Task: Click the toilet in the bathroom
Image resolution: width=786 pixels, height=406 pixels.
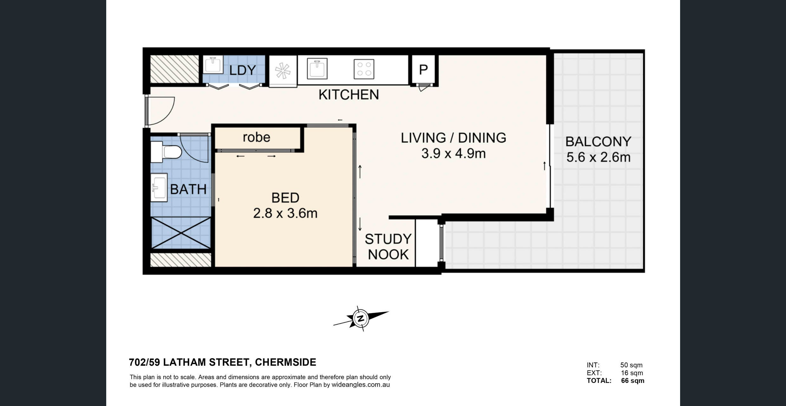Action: pyautogui.click(x=166, y=152)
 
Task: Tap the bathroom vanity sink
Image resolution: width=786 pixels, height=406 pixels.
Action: pyautogui.click(x=159, y=187)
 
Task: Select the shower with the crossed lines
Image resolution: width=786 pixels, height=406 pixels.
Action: pyautogui.click(x=181, y=233)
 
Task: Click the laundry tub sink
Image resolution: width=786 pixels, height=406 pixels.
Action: pyautogui.click(x=213, y=65)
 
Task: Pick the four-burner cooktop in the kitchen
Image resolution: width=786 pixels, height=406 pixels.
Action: pyautogui.click(x=364, y=69)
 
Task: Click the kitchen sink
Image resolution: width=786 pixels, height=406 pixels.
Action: pyautogui.click(x=317, y=69)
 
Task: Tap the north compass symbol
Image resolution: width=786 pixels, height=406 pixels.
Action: pyautogui.click(x=361, y=318)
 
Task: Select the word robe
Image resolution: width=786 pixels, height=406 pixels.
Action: pyautogui.click(x=257, y=137)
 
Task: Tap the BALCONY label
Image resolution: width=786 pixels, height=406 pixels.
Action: pyautogui.click(x=598, y=142)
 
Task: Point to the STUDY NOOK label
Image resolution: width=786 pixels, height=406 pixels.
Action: pyautogui.click(x=388, y=247)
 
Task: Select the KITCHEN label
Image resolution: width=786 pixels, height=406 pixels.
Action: pyautogui.click(x=349, y=95)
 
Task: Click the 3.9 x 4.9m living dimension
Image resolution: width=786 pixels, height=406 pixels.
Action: pyautogui.click(x=453, y=154)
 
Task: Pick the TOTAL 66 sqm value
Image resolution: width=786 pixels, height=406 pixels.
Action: pyautogui.click(x=633, y=381)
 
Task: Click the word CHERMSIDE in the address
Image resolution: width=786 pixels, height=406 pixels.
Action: pyautogui.click(x=285, y=362)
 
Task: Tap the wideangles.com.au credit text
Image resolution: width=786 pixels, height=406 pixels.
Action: pyautogui.click(x=361, y=385)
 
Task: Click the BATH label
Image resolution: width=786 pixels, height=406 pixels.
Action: pyautogui.click(x=188, y=189)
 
